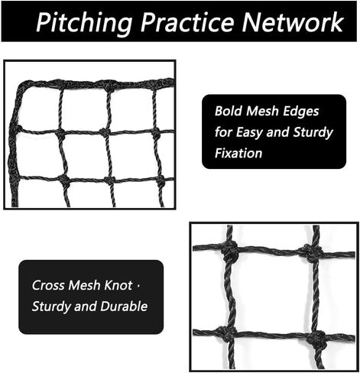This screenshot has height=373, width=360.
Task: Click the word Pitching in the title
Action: [83, 23]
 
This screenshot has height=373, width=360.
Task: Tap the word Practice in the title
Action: [187, 22]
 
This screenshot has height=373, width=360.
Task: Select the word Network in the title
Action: [293, 22]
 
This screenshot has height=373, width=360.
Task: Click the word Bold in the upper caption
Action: [229, 111]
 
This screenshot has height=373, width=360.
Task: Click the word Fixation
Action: [238, 153]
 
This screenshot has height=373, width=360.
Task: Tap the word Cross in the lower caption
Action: [48, 285]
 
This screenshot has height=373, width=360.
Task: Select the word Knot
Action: [118, 285]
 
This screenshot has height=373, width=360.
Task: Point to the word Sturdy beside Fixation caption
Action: [313, 133]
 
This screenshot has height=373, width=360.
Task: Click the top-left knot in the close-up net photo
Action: [230, 250]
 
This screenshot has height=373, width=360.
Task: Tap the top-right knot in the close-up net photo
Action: [312, 253]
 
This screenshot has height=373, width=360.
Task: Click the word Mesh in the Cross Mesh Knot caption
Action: [84, 285]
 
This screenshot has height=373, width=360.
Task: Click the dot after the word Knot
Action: [138, 285]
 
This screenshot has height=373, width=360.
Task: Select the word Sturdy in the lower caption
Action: [51, 307]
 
